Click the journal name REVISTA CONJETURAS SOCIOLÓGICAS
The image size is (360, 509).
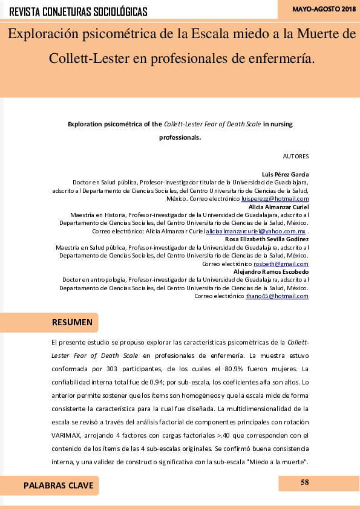click(79, 11)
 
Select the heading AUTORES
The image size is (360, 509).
click(296, 156)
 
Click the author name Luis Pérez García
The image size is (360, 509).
click(285, 173)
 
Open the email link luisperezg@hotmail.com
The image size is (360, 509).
click(275, 198)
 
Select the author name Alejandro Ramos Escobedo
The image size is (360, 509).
click(271, 272)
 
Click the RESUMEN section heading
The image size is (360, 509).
click(72, 322)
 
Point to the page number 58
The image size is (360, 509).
click(304, 482)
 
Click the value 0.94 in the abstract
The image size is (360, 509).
click(138, 381)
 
